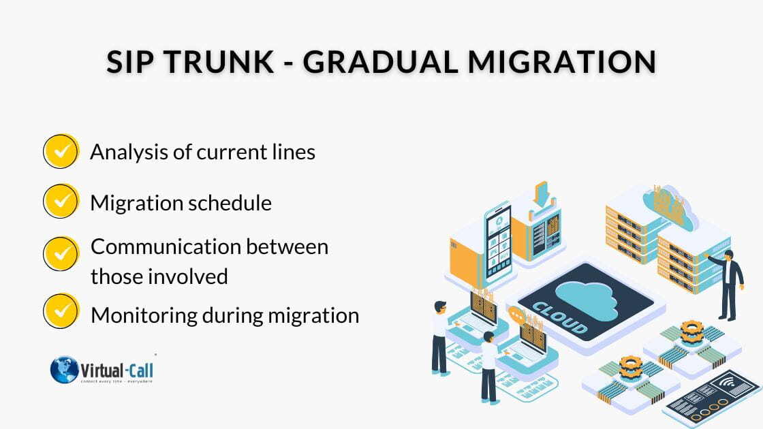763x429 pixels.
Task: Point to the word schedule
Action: point(235,203)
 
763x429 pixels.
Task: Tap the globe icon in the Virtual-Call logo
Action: point(65,369)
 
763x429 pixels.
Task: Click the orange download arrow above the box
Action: point(542,192)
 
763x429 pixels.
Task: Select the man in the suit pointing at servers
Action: point(730,282)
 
